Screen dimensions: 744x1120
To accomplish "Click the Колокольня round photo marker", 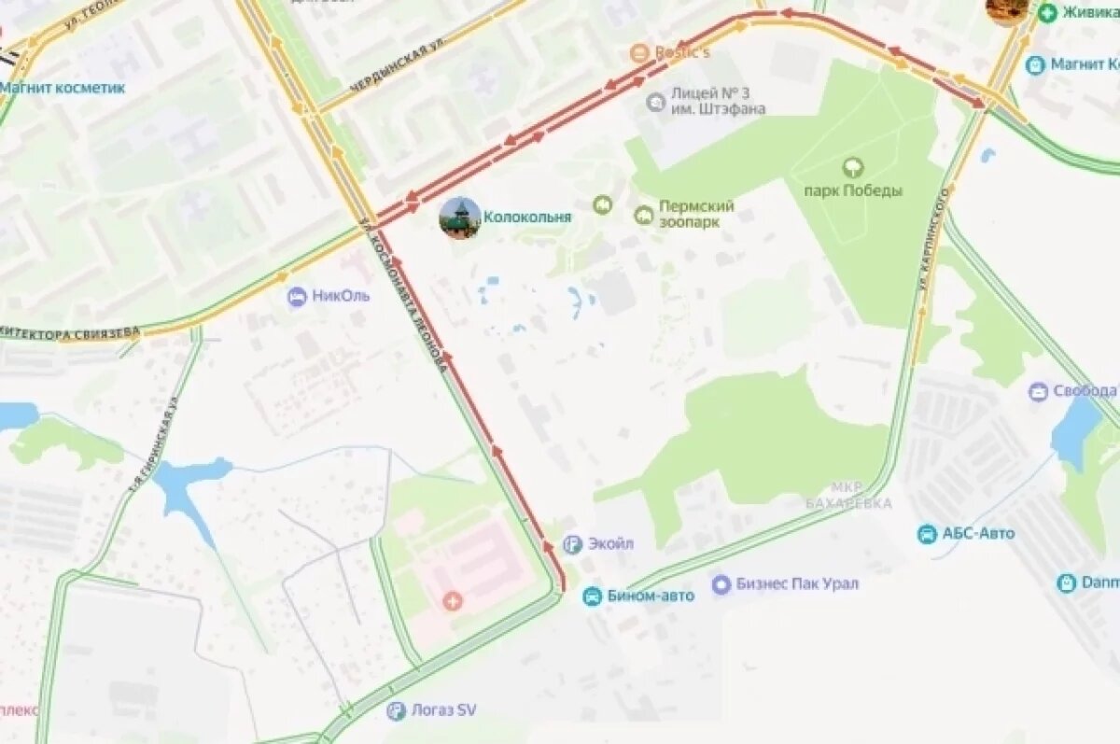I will pyautogui.click(x=460, y=218).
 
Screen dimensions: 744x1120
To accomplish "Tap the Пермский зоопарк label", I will pyautogui.click(x=696, y=214).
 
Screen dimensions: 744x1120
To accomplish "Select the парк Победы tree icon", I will pyautogui.click(x=852, y=169).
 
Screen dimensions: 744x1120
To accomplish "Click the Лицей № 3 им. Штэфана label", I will pyautogui.click(x=717, y=101).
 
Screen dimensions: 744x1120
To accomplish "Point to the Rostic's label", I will pyautogui.click(x=680, y=52).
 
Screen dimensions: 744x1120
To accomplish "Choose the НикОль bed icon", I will pyautogui.click(x=298, y=297).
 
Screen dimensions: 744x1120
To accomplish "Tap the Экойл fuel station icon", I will pyautogui.click(x=573, y=544).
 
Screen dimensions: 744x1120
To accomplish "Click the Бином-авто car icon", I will pyautogui.click(x=592, y=596).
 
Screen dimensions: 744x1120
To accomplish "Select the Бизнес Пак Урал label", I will pyautogui.click(x=797, y=584).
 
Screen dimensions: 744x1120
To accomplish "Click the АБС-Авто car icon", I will pyautogui.click(x=927, y=534).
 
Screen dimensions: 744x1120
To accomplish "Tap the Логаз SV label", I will pyautogui.click(x=443, y=710).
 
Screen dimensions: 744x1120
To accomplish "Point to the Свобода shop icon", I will pyautogui.click(x=1038, y=391).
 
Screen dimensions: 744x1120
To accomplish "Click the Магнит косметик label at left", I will pyautogui.click(x=63, y=88).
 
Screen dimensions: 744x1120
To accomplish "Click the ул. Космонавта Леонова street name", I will pyautogui.click(x=405, y=299).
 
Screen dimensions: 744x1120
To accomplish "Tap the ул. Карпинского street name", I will pyautogui.click(x=932, y=238).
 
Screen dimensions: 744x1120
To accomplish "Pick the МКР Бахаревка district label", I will pyautogui.click(x=847, y=496).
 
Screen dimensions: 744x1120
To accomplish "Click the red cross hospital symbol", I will pyautogui.click(x=454, y=600).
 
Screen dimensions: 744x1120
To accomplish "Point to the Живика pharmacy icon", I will pyautogui.click(x=1047, y=12).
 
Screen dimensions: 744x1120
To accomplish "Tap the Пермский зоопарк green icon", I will pyautogui.click(x=643, y=216).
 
